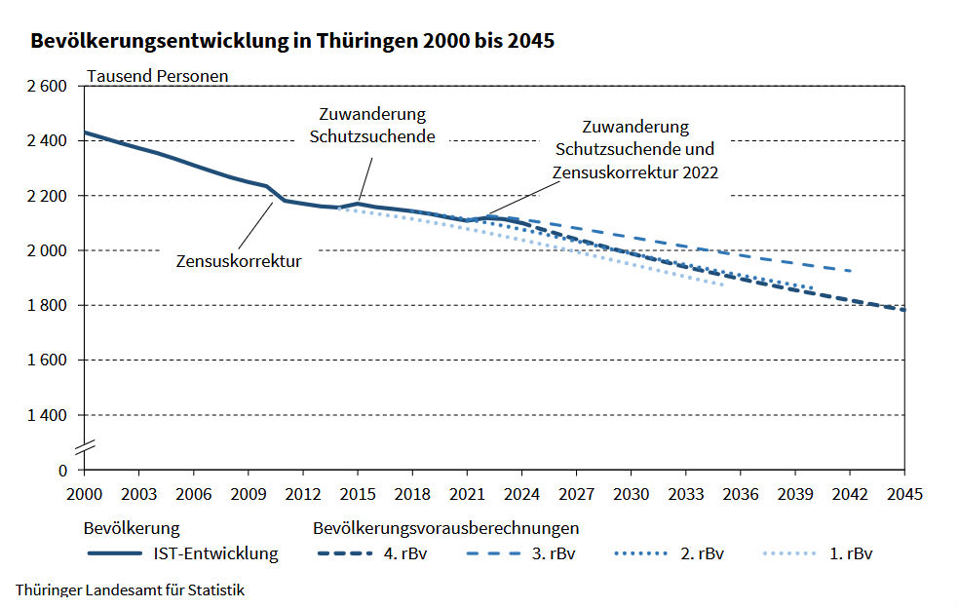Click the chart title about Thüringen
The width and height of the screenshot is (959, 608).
tap(292, 42)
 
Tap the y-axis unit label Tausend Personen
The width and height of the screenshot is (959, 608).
tap(158, 75)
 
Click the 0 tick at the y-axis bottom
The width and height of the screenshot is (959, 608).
tap(62, 470)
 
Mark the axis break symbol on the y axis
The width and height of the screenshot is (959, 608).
tap(84, 446)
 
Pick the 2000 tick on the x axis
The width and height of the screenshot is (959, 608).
tap(84, 493)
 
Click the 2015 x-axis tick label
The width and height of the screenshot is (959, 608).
tap(358, 493)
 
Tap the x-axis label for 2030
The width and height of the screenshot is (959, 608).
tap(633, 493)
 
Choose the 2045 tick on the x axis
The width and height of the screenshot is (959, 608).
tap(906, 493)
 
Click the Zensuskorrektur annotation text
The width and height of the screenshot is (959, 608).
tap(239, 261)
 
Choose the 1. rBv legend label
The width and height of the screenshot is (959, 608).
tap(851, 554)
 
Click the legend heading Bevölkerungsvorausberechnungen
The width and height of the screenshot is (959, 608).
tap(446, 528)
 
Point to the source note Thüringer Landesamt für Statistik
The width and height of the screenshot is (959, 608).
tap(130, 589)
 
